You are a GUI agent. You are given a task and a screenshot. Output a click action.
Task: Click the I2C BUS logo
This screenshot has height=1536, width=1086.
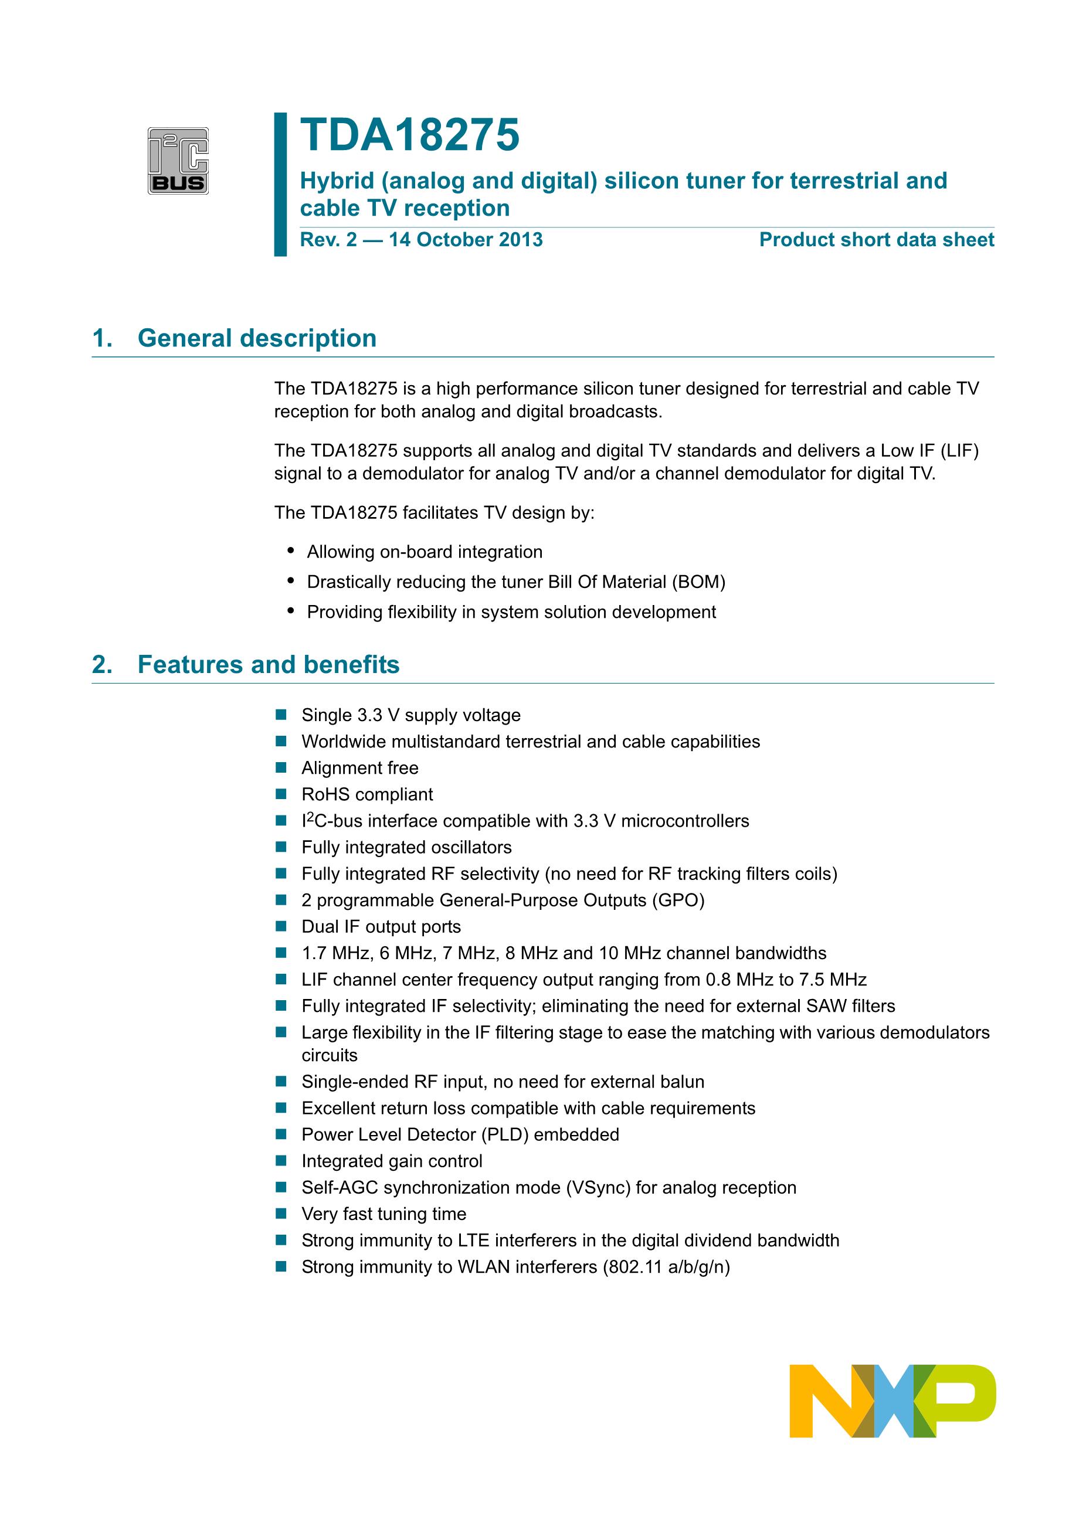pos(178,161)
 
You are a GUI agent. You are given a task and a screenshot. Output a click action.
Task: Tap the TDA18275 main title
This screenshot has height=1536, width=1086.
pos(409,135)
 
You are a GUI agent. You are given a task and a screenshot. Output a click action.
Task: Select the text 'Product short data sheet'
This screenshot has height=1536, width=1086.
pos(876,240)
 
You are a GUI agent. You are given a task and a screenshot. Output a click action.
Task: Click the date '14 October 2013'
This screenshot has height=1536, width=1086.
pos(466,240)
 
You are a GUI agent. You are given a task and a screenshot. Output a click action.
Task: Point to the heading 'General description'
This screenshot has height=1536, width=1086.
pos(257,338)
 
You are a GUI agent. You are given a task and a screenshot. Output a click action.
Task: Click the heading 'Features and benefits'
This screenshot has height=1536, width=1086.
pos(269,664)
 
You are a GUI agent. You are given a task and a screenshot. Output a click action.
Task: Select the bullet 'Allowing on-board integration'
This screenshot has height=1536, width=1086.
pos(424,552)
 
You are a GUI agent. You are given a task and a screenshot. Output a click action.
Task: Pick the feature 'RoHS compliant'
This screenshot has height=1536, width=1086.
pos(366,794)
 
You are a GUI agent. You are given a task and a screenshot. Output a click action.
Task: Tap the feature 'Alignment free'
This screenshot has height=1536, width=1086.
pos(360,768)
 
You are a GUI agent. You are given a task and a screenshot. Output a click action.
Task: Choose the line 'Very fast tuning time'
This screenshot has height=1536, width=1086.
pos(384,1214)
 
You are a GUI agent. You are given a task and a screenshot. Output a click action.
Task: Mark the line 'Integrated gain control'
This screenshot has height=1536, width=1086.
pos(392,1161)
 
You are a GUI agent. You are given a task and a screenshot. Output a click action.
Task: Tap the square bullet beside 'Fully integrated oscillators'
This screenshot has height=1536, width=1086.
pos(281,847)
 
